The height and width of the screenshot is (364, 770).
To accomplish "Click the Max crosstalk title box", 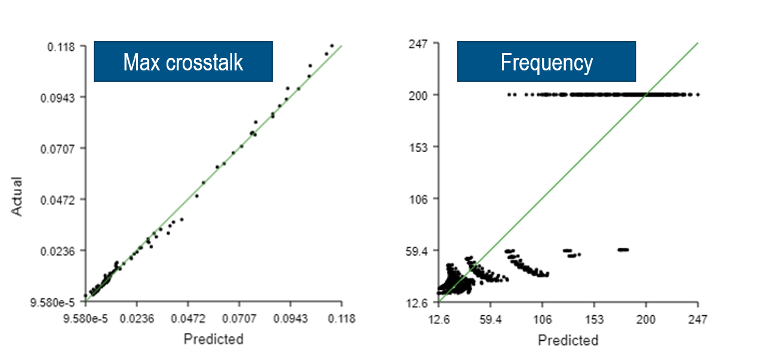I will (x=183, y=61).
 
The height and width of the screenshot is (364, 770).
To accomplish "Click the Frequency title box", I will (x=546, y=61).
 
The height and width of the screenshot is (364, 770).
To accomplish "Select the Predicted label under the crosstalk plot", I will (x=213, y=340).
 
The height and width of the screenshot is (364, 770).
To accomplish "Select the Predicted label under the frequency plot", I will (x=568, y=340).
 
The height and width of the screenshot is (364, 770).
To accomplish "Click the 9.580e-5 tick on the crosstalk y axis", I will (x=53, y=302).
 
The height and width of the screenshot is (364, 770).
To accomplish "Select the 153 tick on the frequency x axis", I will (x=594, y=319).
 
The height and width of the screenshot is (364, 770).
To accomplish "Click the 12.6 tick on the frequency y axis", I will (x=421, y=303).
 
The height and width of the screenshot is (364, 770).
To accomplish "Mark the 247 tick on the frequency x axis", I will (x=698, y=319).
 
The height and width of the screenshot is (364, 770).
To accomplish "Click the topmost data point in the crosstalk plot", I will (x=332, y=45).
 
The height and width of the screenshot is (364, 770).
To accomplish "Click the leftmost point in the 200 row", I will (x=509, y=94).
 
